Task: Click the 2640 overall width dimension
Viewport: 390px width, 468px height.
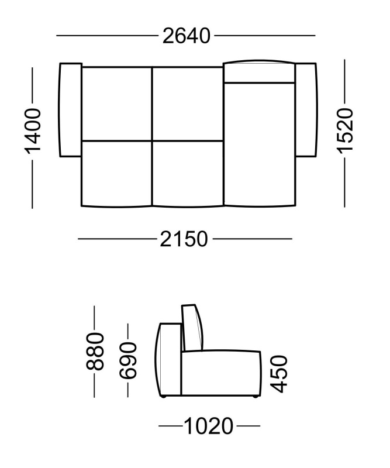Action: tap(186, 36)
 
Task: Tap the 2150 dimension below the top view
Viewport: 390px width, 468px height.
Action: tap(184, 239)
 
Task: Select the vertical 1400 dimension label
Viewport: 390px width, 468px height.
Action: tap(32, 132)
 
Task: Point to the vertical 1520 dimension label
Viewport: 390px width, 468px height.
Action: tap(345, 131)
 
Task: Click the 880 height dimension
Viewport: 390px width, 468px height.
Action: tap(95, 352)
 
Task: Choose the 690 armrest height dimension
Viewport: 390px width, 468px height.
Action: tap(128, 361)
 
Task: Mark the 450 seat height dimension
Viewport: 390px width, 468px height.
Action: tap(279, 374)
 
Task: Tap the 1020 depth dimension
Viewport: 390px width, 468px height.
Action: tap(209, 426)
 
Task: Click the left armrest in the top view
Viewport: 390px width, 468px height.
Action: tap(70, 109)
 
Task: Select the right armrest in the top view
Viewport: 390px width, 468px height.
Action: tap(306, 109)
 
